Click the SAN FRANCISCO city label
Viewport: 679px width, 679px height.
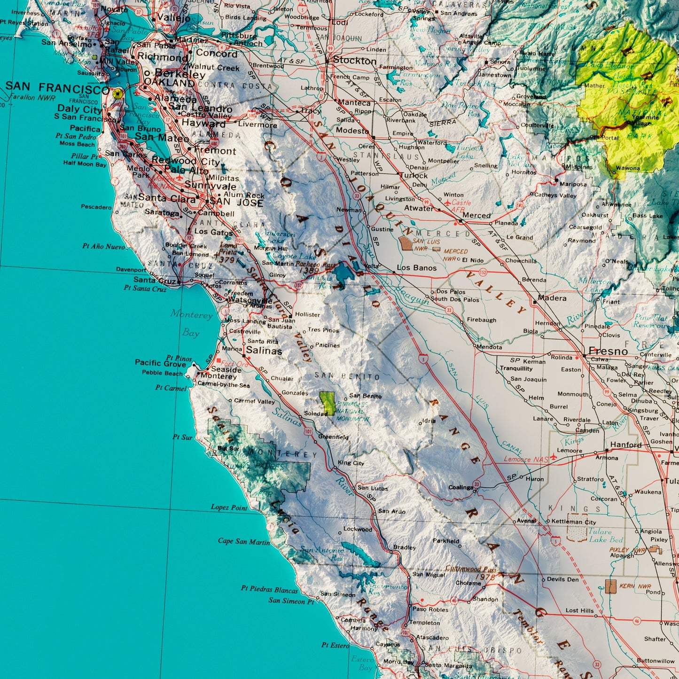57,87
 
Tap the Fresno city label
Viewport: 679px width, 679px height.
608,351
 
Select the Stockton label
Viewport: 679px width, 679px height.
355,61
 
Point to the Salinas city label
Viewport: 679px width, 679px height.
264,351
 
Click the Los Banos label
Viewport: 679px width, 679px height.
417,268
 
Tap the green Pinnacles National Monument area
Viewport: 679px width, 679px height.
328,403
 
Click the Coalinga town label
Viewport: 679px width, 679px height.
461,487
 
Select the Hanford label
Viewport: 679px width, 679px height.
625,445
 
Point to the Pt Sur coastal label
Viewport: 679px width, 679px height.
182,437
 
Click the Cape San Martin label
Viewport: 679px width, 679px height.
244,541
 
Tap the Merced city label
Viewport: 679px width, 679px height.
476,215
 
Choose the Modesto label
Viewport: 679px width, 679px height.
352,131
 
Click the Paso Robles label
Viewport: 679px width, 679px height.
430,609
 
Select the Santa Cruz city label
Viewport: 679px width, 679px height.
154,280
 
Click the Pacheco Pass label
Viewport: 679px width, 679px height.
315,265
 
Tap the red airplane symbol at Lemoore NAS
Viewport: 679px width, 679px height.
553,456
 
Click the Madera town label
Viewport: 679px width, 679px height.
552,298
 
